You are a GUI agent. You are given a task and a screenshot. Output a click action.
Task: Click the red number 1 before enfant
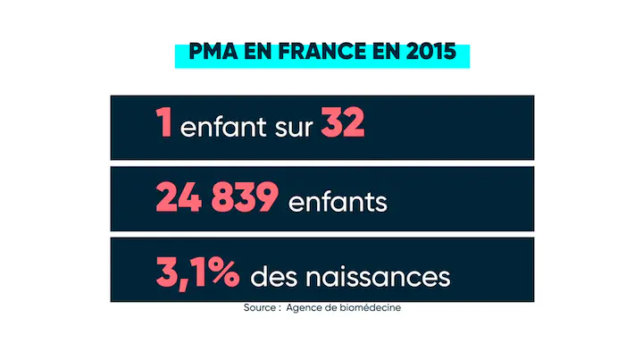163,125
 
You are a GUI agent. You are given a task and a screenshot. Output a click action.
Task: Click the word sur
292,128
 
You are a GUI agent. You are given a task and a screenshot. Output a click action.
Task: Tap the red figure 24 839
216,199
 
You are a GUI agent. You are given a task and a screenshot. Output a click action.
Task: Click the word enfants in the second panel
338,202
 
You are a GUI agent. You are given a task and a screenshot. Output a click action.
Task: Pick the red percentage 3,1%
197,273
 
